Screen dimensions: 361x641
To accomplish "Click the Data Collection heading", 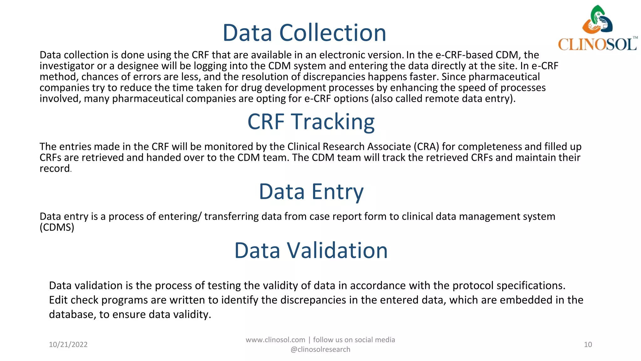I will (304, 33).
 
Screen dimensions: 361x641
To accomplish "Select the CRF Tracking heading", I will (311, 122).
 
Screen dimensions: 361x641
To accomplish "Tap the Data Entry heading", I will (311, 191).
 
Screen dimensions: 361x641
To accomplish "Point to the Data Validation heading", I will (311, 250).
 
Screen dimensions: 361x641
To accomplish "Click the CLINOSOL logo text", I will (597, 44).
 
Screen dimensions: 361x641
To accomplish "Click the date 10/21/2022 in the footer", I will (68, 345).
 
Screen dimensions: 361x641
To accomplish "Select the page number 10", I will (588, 345).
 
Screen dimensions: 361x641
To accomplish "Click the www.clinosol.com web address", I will (275, 340).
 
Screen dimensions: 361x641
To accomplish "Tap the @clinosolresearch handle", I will (320, 350).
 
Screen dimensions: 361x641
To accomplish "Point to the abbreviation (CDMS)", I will (57, 227).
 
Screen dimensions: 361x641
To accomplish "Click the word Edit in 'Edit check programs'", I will (58, 300).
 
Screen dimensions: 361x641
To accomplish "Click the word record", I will (54, 169).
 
